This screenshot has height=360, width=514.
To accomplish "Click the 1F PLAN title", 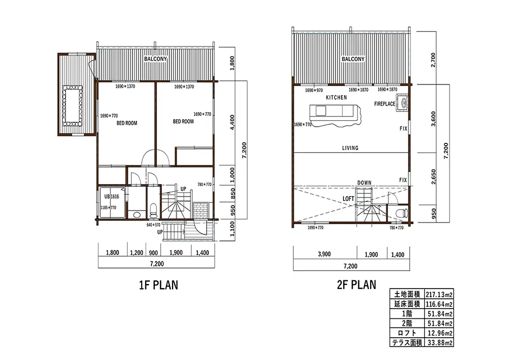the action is click(x=159, y=285).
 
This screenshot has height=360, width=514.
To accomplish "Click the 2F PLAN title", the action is click(x=357, y=284).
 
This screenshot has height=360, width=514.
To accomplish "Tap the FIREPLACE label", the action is click(x=385, y=104).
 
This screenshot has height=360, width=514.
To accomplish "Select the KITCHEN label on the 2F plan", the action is click(x=337, y=97).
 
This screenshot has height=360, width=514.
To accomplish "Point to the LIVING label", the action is click(x=350, y=148).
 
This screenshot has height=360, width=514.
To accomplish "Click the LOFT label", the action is click(x=348, y=199).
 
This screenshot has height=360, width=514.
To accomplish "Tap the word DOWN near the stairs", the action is click(x=364, y=182).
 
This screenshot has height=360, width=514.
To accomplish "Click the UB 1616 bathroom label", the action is click(x=112, y=197).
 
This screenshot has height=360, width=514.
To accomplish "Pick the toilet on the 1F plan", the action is click(x=153, y=211).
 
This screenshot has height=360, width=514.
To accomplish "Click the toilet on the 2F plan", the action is click(x=401, y=213).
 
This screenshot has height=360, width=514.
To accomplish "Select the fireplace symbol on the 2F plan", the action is click(x=402, y=103).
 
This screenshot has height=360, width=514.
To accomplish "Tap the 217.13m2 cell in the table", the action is click(x=439, y=294).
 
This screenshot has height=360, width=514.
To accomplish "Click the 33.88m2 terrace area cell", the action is click(x=439, y=343).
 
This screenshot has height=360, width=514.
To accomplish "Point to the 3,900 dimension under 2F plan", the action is click(x=324, y=254).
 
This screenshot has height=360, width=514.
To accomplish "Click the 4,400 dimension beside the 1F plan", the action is click(x=232, y=122).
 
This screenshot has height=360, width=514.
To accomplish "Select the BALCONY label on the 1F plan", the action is click(x=156, y=58).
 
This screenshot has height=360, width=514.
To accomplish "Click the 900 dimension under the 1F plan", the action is click(x=154, y=253).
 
